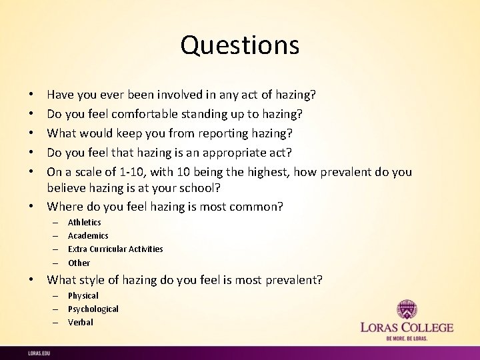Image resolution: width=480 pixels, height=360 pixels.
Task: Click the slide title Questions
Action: pyautogui.click(x=240, y=45)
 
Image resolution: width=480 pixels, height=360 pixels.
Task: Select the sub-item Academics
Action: pyautogui.click(x=88, y=235)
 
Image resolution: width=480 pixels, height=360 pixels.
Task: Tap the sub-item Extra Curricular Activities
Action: pyautogui.click(x=115, y=249)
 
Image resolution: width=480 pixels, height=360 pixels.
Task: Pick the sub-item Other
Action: pyautogui.click(x=79, y=263)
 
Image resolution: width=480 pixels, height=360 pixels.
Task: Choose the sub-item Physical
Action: pyautogui.click(x=83, y=295)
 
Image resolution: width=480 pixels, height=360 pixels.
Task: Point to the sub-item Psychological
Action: pyautogui.click(x=93, y=309)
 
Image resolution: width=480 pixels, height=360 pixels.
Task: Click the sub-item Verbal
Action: pyautogui.click(x=81, y=322)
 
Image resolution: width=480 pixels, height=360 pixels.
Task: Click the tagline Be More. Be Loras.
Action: pyautogui.click(x=407, y=339)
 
